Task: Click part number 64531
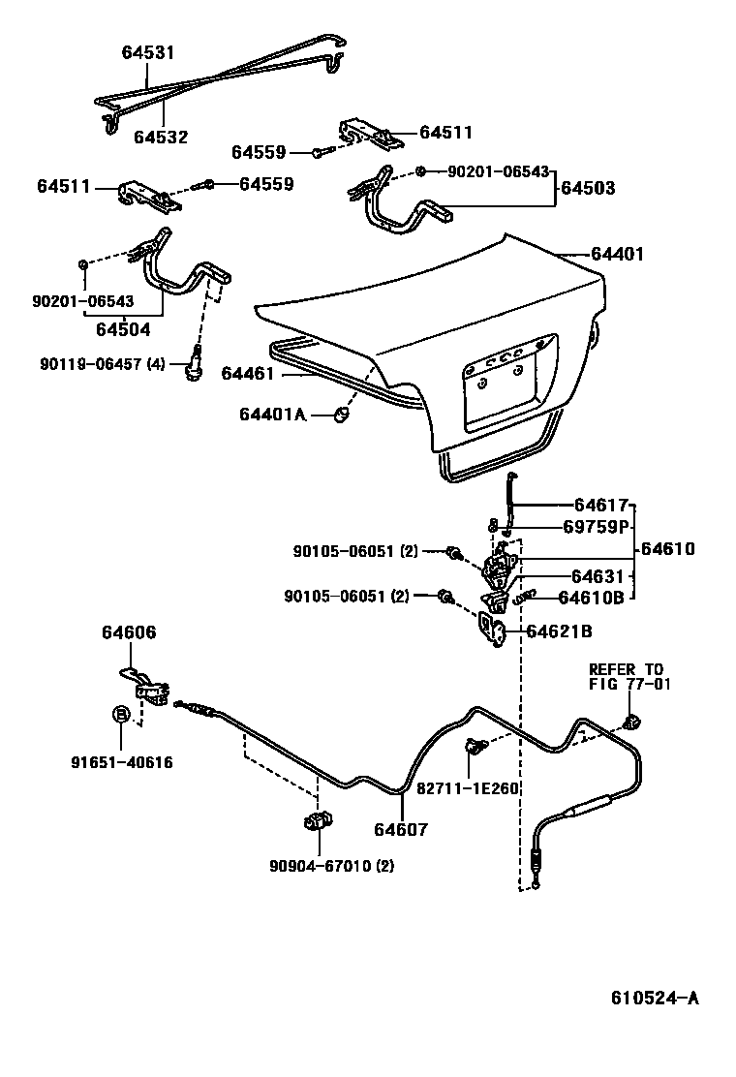(x=148, y=52)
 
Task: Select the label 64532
(x=161, y=138)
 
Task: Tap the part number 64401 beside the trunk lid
(x=617, y=255)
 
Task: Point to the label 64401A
(x=272, y=415)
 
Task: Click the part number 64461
(x=247, y=373)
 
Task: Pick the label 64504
(x=123, y=328)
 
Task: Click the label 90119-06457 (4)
(x=103, y=363)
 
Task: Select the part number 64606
(x=129, y=632)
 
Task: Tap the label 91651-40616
(x=121, y=762)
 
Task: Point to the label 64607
(x=400, y=829)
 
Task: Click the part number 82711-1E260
(x=469, y=787)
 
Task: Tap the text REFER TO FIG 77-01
(x=627, y=676)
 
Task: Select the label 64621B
(x=559, y=631)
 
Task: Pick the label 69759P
(x=597, y=527)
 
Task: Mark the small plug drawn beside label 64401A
(x=341, y=414)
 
